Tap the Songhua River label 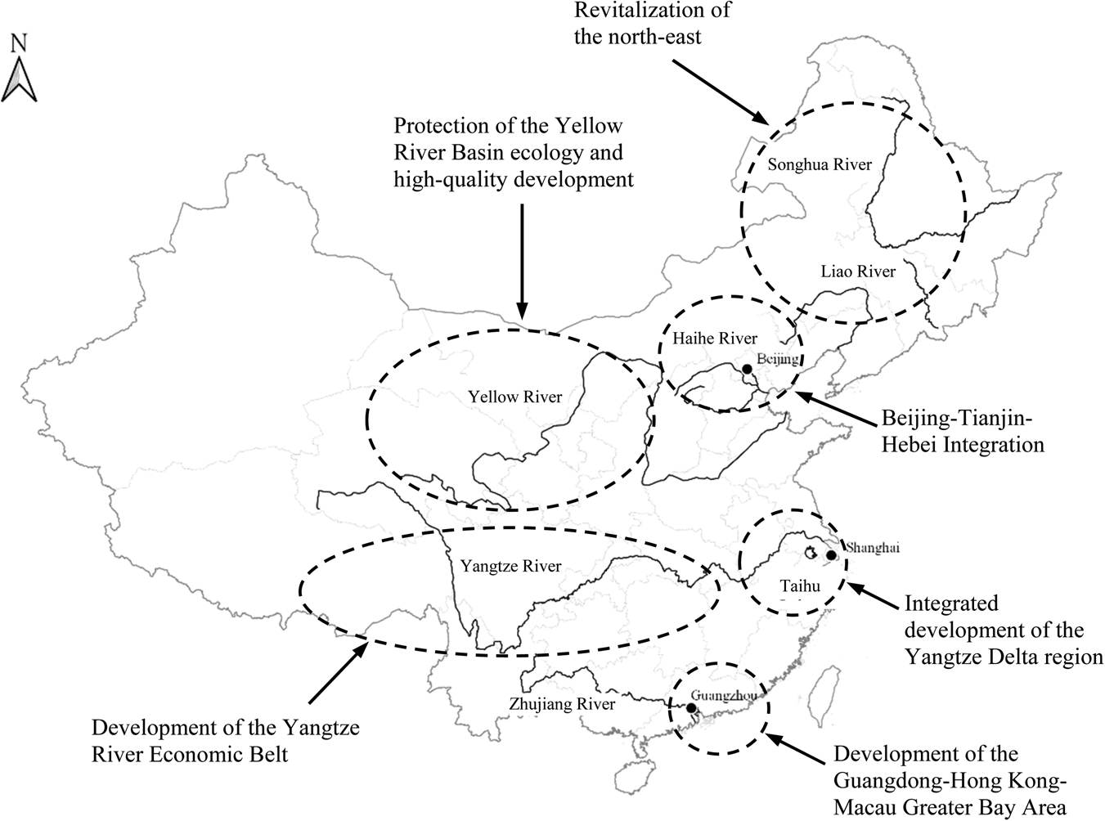(x=820, y=164)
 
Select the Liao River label (x=858, y=271)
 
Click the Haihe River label (x=715, y=338)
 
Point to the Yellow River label (x=514, y=397)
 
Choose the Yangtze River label (x=510, y=566)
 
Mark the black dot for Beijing (x=747, y=370)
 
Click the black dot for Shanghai (x=831, y=556)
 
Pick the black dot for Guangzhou (x=692, y=708)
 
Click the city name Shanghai (x=873, y=548)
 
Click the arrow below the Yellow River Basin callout (x=522, y=262)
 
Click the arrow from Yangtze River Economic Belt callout (x=335, y=671)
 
